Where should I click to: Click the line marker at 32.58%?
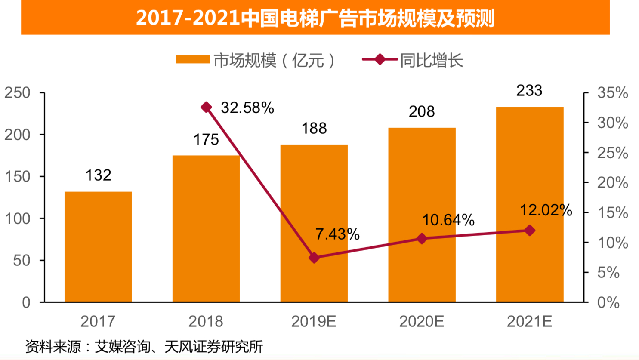pos(207,107)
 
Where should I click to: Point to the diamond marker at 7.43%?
pos(314,258)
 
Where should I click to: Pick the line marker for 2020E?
pos(422,239)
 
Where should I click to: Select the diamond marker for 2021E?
pos(530,231)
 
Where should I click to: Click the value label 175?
pos(206,140)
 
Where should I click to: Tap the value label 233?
pos(529,91)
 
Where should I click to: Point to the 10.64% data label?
pos(448,220)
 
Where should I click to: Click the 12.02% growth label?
pos(546,210)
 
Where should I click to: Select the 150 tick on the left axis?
pos(18,176)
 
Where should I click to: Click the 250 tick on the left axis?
pos(18,93)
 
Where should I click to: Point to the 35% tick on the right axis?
pos(612,93)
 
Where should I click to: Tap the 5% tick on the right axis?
pos(608,272)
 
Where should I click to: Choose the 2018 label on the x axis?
pos(206,321)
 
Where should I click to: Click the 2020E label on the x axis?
pos(422,321)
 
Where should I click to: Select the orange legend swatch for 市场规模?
pos(193,60)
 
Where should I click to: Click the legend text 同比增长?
pos(432,61)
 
